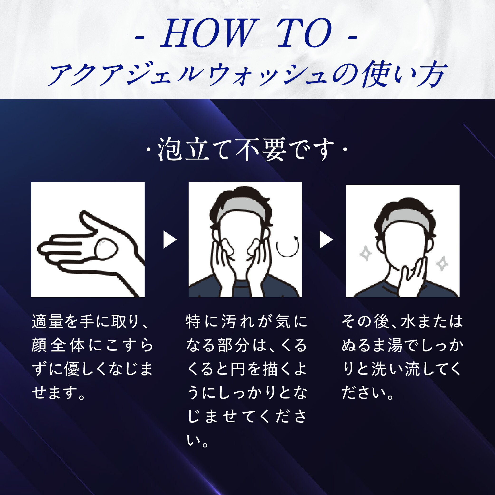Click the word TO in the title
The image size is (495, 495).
click(304, 33)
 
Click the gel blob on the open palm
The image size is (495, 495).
click(106, 249)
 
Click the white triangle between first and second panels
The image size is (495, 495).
click(170, 240)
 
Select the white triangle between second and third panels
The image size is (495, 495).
click(326, 240)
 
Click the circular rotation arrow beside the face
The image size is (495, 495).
click(288, 246)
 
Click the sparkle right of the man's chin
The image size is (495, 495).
click(442, 264)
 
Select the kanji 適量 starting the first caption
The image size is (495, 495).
click(47, 321)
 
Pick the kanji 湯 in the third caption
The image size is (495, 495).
click(395, 345)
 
